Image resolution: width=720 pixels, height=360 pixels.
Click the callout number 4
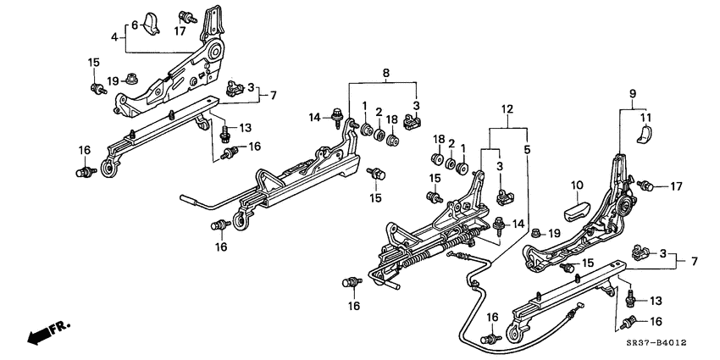114,36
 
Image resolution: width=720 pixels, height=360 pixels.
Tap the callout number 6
134,26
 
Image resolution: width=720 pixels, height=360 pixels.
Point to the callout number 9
632,93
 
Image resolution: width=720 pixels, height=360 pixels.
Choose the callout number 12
507,108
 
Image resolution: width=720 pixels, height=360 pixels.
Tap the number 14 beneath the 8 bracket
314,117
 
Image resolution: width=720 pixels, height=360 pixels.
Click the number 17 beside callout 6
180,32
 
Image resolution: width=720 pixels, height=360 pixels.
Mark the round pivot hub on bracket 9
628,204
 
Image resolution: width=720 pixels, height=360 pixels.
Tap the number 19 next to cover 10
554,233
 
